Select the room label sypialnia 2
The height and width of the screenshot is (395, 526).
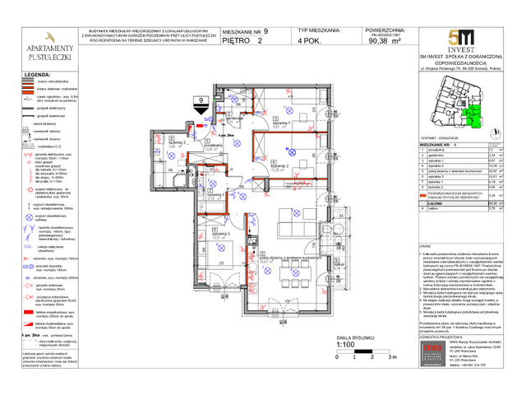pyautogui.click(x=282, y=165)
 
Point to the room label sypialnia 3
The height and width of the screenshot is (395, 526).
pyautogui.click(x=219, y=235)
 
